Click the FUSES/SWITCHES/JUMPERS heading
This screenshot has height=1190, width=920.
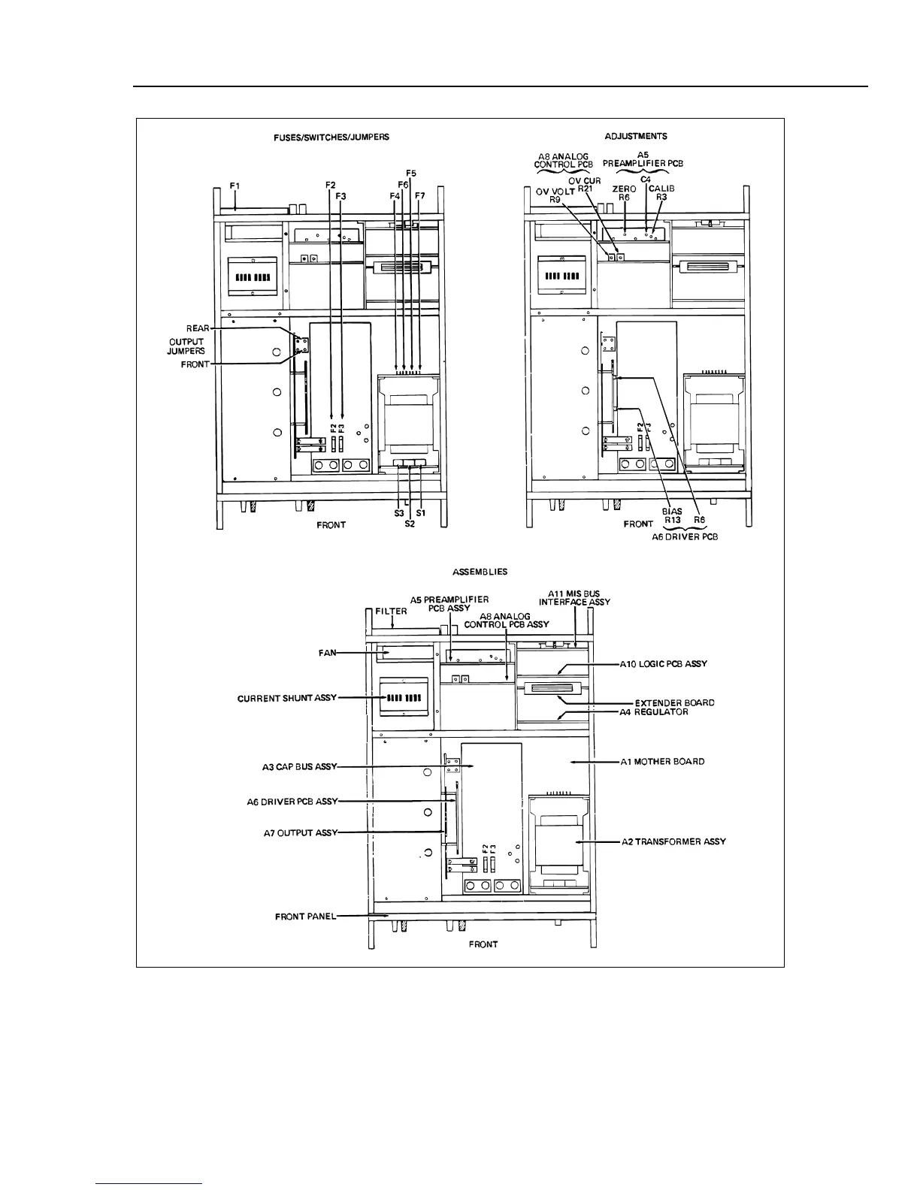click(331, 137)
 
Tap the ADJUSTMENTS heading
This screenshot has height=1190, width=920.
click(637, 137)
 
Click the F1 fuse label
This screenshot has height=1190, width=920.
click(235, 185)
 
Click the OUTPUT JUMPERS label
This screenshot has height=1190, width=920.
click(186, 346)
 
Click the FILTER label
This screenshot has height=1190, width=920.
click(391, 611)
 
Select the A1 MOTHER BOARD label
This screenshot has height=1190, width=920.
click(662, 761)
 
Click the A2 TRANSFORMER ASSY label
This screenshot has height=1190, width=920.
click(673, 841)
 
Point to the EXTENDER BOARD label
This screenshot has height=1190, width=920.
click(674, 702)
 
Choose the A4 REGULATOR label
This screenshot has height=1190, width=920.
click(654, 712)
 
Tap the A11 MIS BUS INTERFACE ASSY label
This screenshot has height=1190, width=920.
click(575, 597)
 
